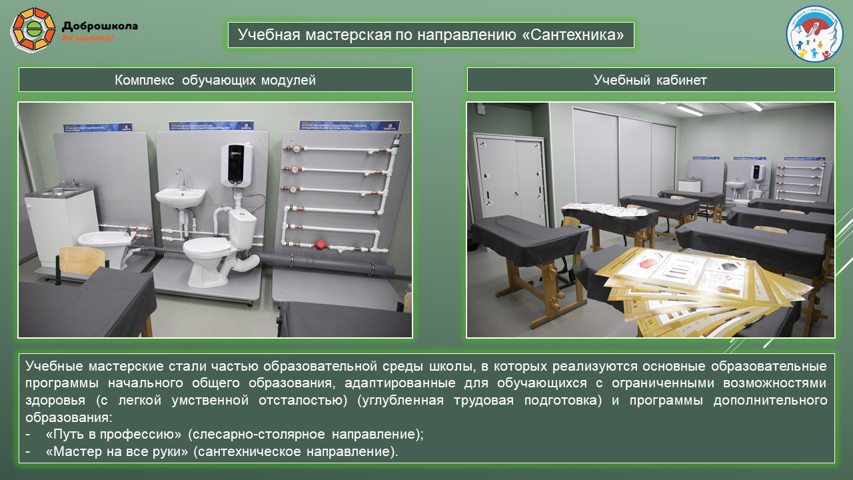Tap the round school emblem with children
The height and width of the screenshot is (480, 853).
coord(814,33)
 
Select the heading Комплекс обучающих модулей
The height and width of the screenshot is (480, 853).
coord(215,80)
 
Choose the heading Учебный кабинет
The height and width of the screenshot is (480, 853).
coord(650,80)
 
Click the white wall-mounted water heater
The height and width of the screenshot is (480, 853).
coord(235,165)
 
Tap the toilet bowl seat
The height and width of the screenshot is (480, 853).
coord(206,246)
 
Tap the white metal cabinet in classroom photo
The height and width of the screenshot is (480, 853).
coord(510,177)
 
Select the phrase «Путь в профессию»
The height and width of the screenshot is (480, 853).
coord(113,435)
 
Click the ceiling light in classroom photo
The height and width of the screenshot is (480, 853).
coord(689,110)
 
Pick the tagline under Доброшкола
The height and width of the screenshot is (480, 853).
coord(87,39)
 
